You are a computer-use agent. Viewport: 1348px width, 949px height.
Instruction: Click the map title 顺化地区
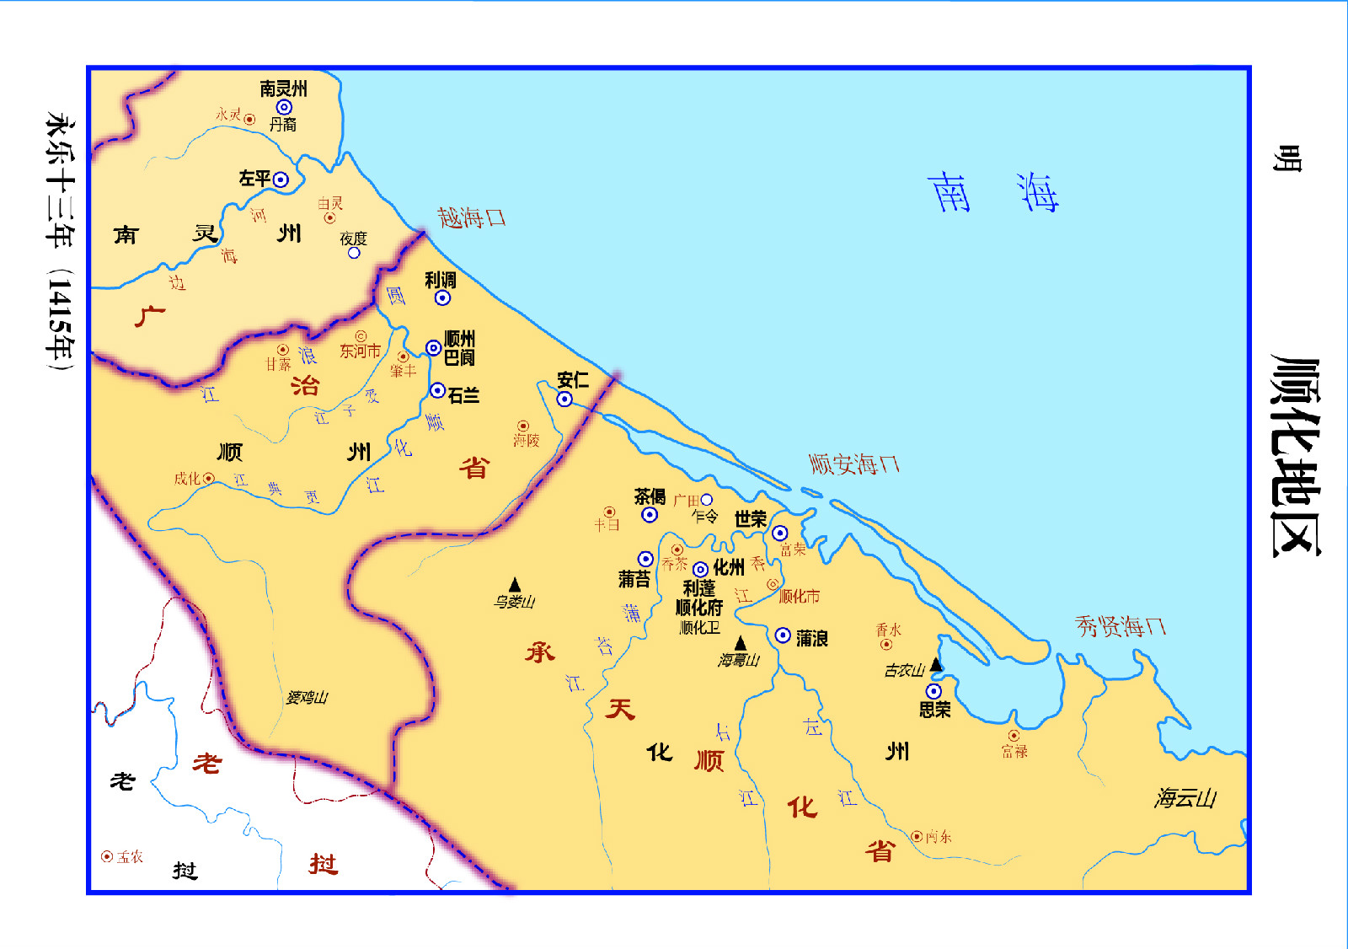1295,455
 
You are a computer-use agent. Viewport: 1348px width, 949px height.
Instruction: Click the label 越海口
471,217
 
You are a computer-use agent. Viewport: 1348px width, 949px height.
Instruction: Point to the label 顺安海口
853,464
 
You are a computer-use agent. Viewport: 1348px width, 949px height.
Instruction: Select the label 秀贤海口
1120,626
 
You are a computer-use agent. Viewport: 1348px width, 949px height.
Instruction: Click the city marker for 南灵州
284,107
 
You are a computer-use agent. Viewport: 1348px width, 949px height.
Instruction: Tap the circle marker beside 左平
281,180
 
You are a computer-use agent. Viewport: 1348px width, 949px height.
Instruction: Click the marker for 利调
442,298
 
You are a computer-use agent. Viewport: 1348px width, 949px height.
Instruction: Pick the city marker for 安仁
564,399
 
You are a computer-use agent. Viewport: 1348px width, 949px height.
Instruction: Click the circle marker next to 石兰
437,390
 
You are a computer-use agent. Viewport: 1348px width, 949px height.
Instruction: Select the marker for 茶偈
650,514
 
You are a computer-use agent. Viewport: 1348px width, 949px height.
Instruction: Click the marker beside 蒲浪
783,635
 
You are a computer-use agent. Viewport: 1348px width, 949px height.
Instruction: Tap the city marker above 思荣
933,691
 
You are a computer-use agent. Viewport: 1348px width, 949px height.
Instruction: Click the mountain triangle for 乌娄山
515,585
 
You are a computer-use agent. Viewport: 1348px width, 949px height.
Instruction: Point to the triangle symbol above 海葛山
740,644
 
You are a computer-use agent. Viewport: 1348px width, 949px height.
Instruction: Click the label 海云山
1185,798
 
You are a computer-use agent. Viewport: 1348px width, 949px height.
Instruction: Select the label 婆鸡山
307,697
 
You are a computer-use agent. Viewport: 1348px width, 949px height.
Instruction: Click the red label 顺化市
799,597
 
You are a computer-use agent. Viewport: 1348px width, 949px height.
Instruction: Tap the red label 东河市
360,351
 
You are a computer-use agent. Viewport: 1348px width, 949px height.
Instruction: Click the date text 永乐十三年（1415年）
60,244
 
